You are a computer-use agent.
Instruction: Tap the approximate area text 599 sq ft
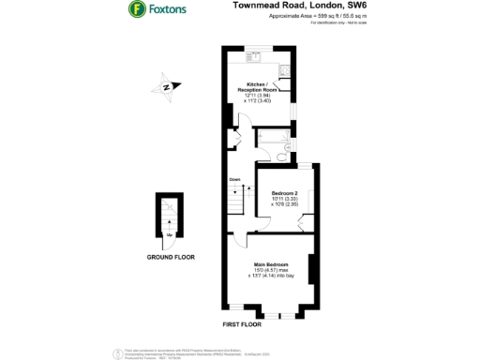(298, 17)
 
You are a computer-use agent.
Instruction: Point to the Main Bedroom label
(270, 265)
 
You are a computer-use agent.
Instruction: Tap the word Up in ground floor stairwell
(168, 233)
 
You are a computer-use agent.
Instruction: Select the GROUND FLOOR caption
(171, 256)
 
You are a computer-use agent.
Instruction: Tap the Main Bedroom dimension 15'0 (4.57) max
(270, 272)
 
